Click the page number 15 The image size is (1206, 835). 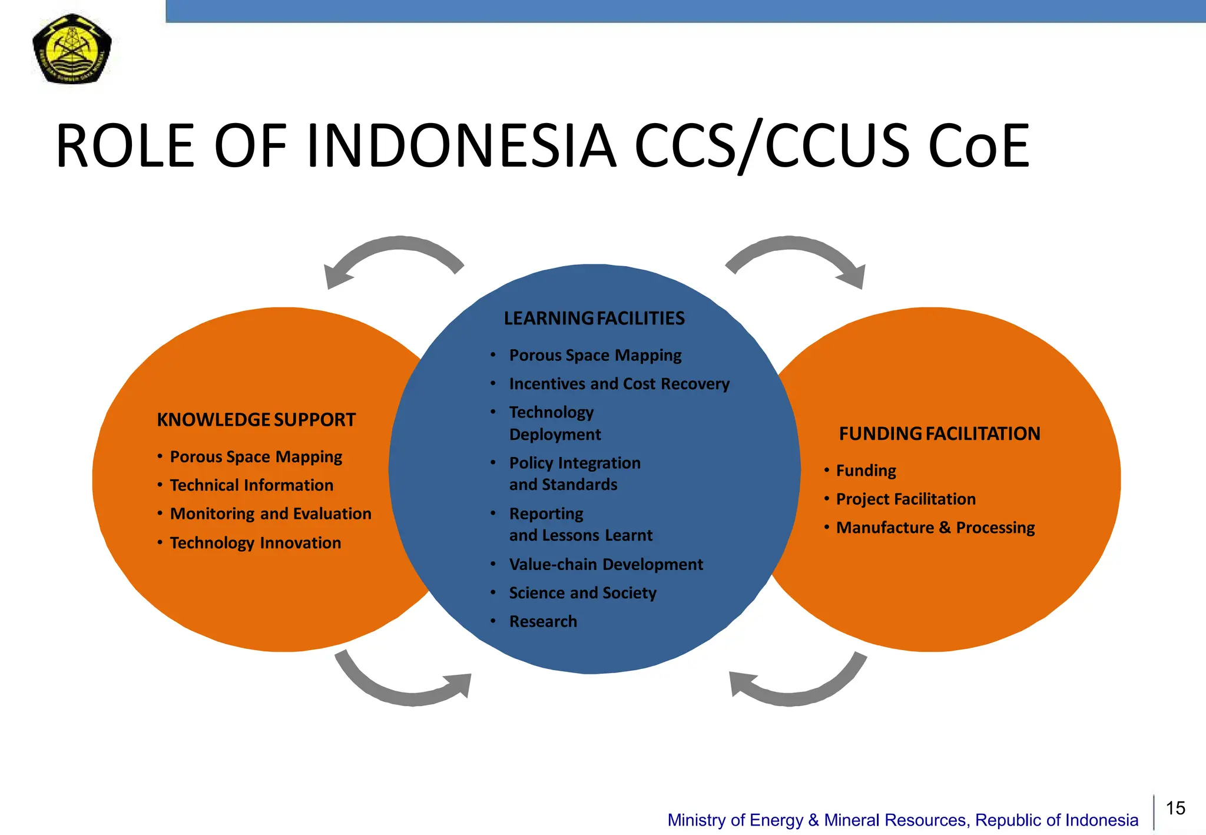click(1175, 808)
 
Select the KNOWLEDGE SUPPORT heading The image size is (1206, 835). click(256, 420)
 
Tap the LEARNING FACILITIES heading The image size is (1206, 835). click(594, 319)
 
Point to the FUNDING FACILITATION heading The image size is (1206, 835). click(939, 434)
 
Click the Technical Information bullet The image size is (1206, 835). click(251, 485)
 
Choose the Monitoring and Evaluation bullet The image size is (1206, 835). click(270, 514)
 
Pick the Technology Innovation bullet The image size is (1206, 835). click(255, 543)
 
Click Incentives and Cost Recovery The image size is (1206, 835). click(619, 384)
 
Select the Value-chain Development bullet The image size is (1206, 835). click(605, 565)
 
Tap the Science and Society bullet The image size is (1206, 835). click(582, 593)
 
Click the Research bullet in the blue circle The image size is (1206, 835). click(543, 622)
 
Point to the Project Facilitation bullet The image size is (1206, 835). click(906, 499)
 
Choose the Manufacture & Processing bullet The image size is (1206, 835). click(935, 528)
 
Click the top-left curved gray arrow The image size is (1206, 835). click(389, 250)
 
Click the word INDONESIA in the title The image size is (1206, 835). click(461, 146)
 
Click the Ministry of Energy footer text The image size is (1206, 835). click(902, 820)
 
